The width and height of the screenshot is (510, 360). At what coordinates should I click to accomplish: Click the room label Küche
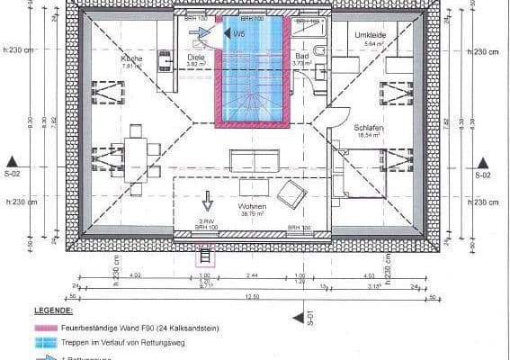tap(131, 58)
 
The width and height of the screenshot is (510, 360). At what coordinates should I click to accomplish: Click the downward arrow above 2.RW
tap(206, 200)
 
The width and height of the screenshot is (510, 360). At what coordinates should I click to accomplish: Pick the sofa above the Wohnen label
tap(254, 161)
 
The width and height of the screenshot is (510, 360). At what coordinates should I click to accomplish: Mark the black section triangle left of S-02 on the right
tap(482, 163)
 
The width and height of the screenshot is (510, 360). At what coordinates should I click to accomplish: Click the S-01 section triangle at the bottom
tap(297, 316)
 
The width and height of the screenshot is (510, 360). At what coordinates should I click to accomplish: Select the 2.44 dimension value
tap(253, 275)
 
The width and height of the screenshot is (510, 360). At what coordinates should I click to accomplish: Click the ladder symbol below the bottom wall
tap(205, 257)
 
